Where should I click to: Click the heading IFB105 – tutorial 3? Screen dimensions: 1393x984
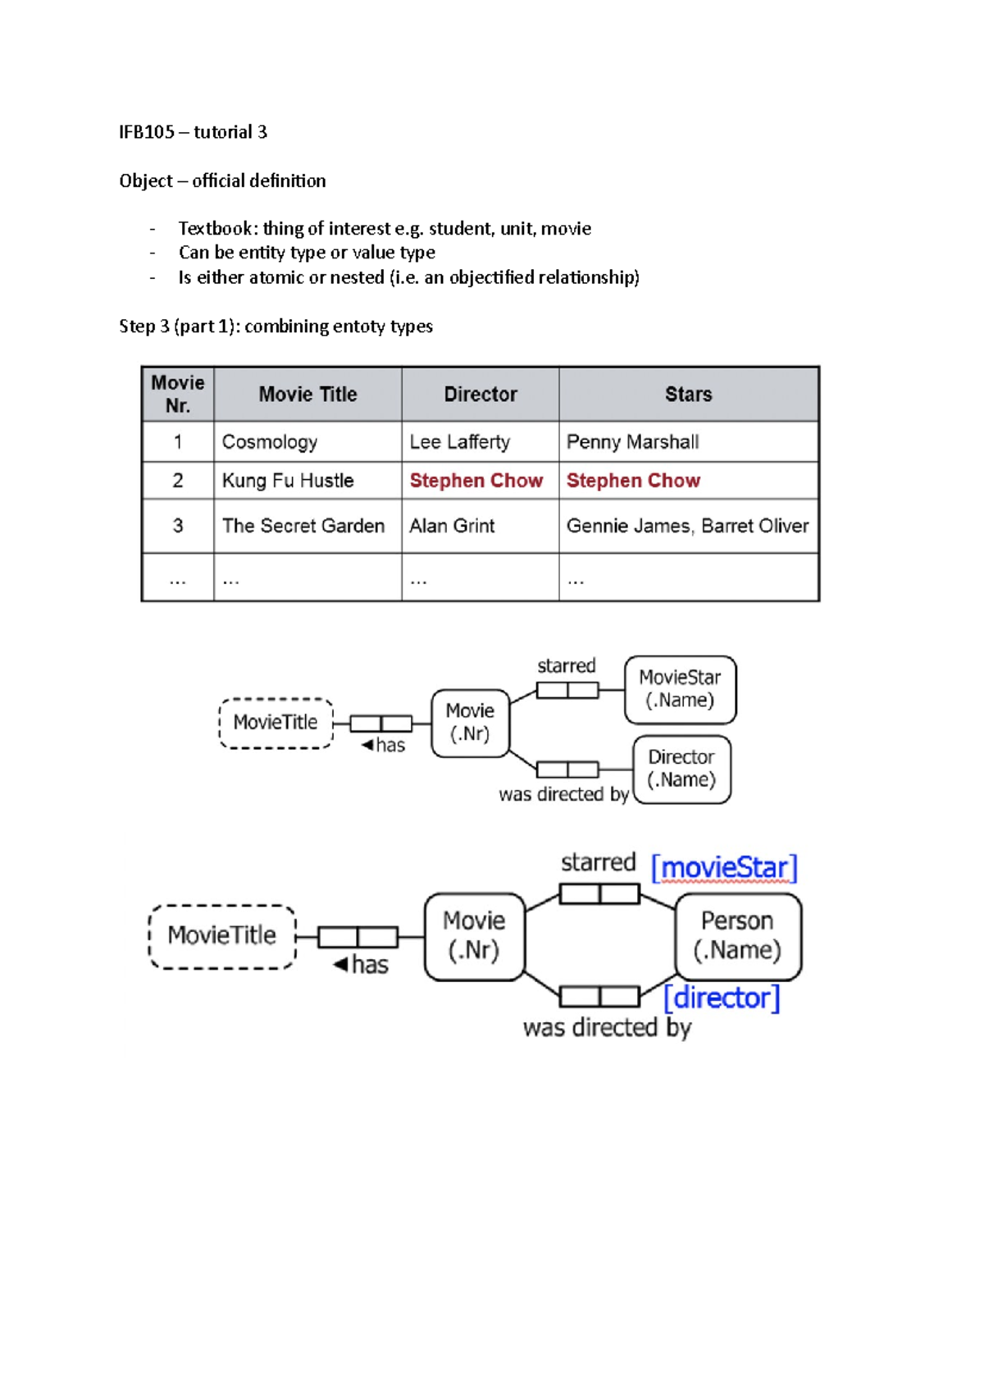pyautogui.click(x=193, y=132)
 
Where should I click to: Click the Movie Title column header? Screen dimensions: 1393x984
pyautogui.click(x=307, y=395)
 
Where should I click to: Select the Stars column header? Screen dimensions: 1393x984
pyautogui.click(x=688, y=395)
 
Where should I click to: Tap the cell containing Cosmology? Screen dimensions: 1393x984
pyautogui.click(x=269, y=442)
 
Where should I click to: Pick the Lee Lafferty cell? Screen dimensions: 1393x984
pyautogui.click(x=459, y=442)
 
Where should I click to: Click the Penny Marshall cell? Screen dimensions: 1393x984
pyautogui.click(x=632, y=442)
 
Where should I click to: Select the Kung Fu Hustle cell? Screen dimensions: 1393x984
pyautogui.click(x=287, y=481)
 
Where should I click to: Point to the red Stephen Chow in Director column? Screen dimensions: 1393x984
pyautogui.click(x=476, y=481)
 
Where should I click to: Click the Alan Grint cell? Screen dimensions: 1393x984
pyautogui.click(x=452, y=526)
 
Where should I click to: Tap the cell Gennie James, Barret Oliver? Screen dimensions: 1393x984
pyautogui.click(x=687, y=526)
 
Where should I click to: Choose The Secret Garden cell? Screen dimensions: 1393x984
pyautogui.click(x=303, y=526)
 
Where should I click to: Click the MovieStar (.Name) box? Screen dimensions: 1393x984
pyautogui.click(x=680, y=689)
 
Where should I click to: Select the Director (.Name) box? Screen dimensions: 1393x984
pyautogui.click(x=681, y=769)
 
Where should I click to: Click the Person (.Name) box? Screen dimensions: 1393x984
pyautogui.click(x=737, y=936)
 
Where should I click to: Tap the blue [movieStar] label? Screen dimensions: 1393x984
pyautogui.click(x=724, y=867)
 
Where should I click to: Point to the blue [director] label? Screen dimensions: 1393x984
pyautogui.click(x=722, y=998)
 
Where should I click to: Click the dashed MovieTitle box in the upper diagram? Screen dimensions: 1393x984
pyautogui.click(x=276, y=723)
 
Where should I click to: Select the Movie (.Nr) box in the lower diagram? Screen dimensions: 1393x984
pyautogui.click(x=474, y=936)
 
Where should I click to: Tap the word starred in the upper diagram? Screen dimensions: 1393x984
pyautogui.click(x=567, y=665)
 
